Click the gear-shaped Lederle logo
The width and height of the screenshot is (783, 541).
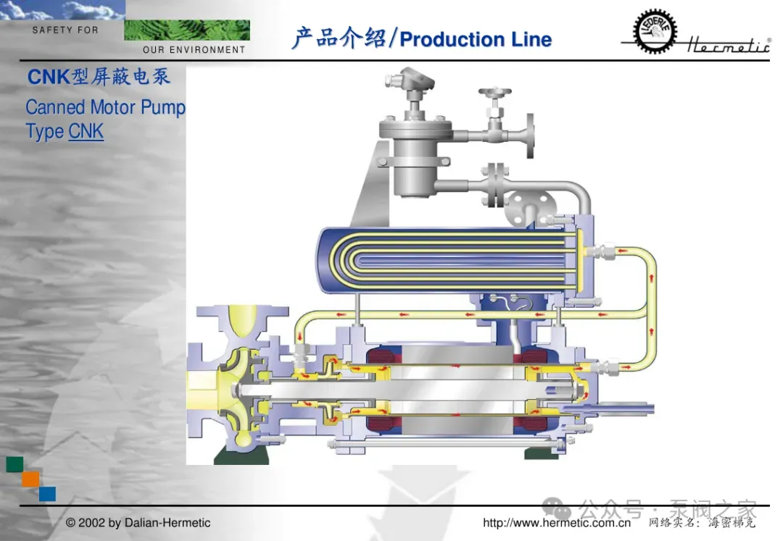click(655, 31)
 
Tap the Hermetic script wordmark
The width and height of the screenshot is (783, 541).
click(729, 45)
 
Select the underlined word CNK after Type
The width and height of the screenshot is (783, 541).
click(86, 132)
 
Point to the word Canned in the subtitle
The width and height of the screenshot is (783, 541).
click(55, 107)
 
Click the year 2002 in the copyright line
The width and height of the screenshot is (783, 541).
click(92, 523)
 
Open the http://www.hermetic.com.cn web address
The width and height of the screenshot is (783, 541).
click(556, 523)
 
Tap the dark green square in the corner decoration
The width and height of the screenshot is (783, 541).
click(14, 464)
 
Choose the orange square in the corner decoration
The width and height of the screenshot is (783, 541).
click(30, 479)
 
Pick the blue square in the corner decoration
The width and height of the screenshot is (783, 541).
click(47, 494)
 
